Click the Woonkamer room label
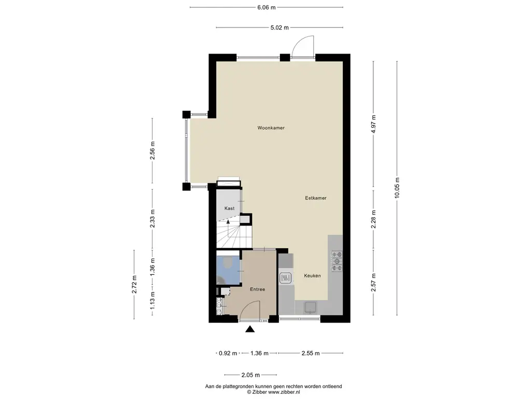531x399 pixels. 271,128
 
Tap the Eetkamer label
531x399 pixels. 315,198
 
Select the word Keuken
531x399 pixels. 312,276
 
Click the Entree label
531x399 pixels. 258,289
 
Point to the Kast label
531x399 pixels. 229,208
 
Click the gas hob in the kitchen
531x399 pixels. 337,261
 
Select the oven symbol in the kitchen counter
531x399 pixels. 285,279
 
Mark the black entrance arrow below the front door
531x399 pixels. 250,328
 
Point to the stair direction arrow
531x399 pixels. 228,221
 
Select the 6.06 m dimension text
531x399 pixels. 266,7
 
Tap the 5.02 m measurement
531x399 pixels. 278,28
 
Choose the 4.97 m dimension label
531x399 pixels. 373,124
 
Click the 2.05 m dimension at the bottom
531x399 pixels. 250,375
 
